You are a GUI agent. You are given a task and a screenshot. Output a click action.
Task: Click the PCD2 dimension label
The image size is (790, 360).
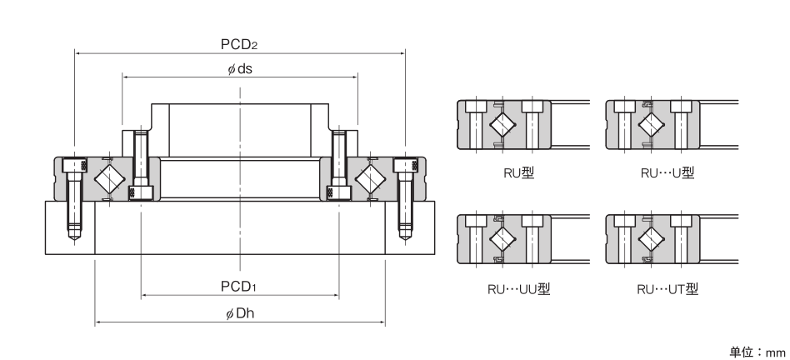pos(241,43)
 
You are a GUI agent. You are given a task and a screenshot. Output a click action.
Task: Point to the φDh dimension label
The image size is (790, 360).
pos(240,312)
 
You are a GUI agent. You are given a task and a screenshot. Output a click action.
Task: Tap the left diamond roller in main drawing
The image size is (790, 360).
pos(108,178)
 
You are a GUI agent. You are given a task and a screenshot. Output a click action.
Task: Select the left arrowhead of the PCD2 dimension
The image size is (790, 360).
pos(78,53)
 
